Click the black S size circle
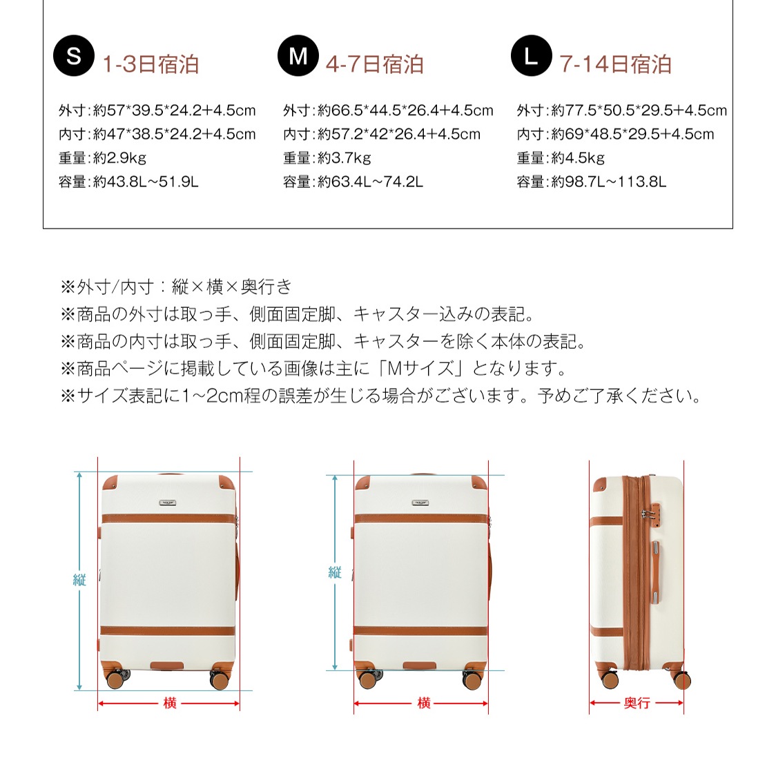[x=73, y=56]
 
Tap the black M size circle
[x=298, y=56]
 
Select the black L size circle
[x=531, y=56]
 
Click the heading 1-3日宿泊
[x=151, y=65]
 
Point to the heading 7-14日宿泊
[x=615, y=65]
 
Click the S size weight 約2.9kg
[x=102, y=158]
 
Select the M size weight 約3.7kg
[x=327, y=158]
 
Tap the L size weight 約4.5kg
[x=561, y=158]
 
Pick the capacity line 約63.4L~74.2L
[x=353, y=182]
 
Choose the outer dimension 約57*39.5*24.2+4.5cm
[x=157, y=110]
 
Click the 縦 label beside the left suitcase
[x=79, y=580]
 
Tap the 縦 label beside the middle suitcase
[x=335, y=572]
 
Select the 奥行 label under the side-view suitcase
[x=637, y=704]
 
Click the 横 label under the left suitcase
[x=170, y=704]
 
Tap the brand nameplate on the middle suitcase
[x=420, y=503]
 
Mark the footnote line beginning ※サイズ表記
[x=381, y=396]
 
